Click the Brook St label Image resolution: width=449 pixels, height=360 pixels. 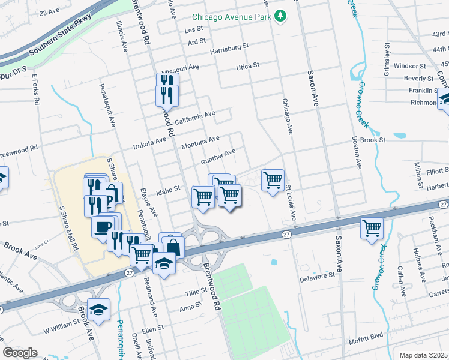click(x=372, y=139)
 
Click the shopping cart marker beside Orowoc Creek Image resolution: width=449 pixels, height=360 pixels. click(x=372, y=229)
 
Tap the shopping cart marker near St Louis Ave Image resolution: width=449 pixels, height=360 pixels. click(x=273, y=179)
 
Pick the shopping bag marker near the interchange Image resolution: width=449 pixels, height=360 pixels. click(x=173, y=247)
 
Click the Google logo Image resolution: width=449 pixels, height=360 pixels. click(x=20, y=353)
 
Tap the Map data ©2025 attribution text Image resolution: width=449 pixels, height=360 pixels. click(x=423, y=355)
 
